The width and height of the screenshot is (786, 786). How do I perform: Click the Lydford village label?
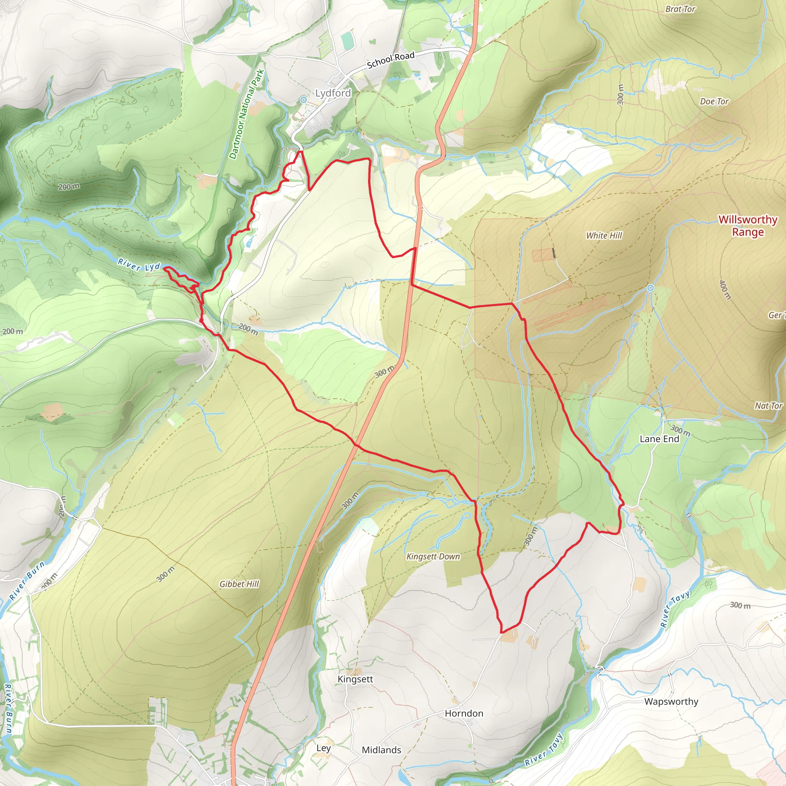[333, 93]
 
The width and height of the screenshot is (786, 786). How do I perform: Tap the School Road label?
[391, 60]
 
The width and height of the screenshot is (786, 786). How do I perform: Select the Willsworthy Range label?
[748, 226]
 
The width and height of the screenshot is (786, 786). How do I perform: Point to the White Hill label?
[604, 236]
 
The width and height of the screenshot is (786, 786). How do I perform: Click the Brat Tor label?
[680, 9]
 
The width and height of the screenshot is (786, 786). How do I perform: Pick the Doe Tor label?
[714, 102]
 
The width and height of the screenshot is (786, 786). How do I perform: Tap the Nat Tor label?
[768, 406]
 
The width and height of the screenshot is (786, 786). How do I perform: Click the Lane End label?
[659, 439]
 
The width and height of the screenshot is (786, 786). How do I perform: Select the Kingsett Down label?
[433, 556]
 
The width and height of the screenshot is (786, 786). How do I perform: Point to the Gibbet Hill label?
[239, 584]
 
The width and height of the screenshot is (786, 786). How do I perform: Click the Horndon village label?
[464, 713]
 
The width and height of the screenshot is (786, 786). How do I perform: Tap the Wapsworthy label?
[671, 702]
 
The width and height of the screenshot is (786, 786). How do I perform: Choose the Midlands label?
[381, 750]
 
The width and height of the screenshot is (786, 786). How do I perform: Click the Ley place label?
[324, 748]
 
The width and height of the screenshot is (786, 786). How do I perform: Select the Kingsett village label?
[355, 679]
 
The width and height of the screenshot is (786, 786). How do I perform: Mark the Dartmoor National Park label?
[246, 114]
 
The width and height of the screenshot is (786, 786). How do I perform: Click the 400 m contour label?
[725, 290]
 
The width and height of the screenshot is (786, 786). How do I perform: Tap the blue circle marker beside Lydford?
[304, 100]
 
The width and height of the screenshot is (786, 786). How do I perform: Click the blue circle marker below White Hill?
[651, 288]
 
